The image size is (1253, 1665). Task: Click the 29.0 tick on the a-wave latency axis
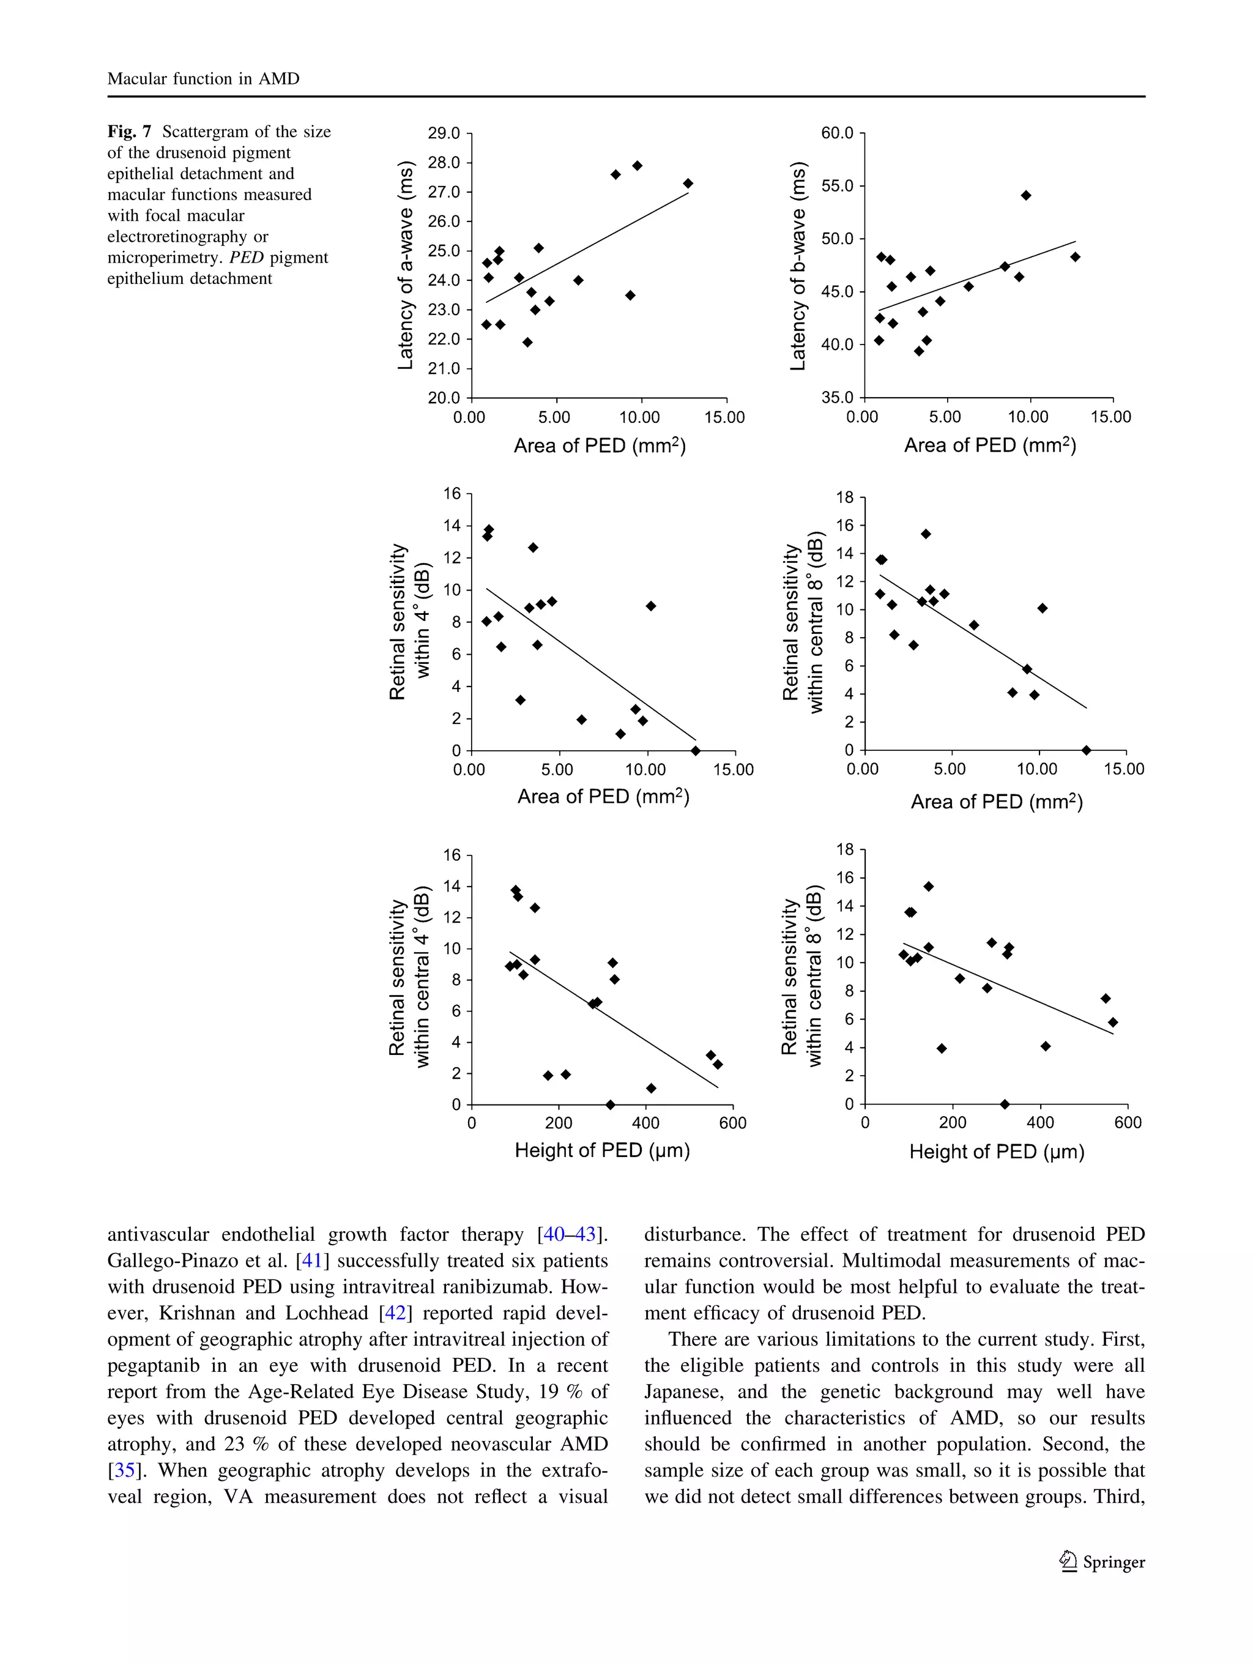(x=443, y=133)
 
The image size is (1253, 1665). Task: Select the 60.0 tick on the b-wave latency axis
(x=837, y=133)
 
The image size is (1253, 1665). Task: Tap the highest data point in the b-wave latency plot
(x=1026, y=196)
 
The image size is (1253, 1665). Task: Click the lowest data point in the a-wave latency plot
(x=527, y=343)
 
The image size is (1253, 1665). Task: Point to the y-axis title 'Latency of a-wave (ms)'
(x=406, y=265)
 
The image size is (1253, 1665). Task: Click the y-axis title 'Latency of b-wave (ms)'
(x=798, y=265)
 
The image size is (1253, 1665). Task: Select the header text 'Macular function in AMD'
(x=203, y=79)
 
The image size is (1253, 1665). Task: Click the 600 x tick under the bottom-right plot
(x=1128, y=1122)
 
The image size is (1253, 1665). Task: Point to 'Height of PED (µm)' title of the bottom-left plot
(x=602, y=1150)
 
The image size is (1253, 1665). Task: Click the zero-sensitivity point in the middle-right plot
(x=1086, y=750)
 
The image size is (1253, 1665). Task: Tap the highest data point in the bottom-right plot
(x=929, y=887)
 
